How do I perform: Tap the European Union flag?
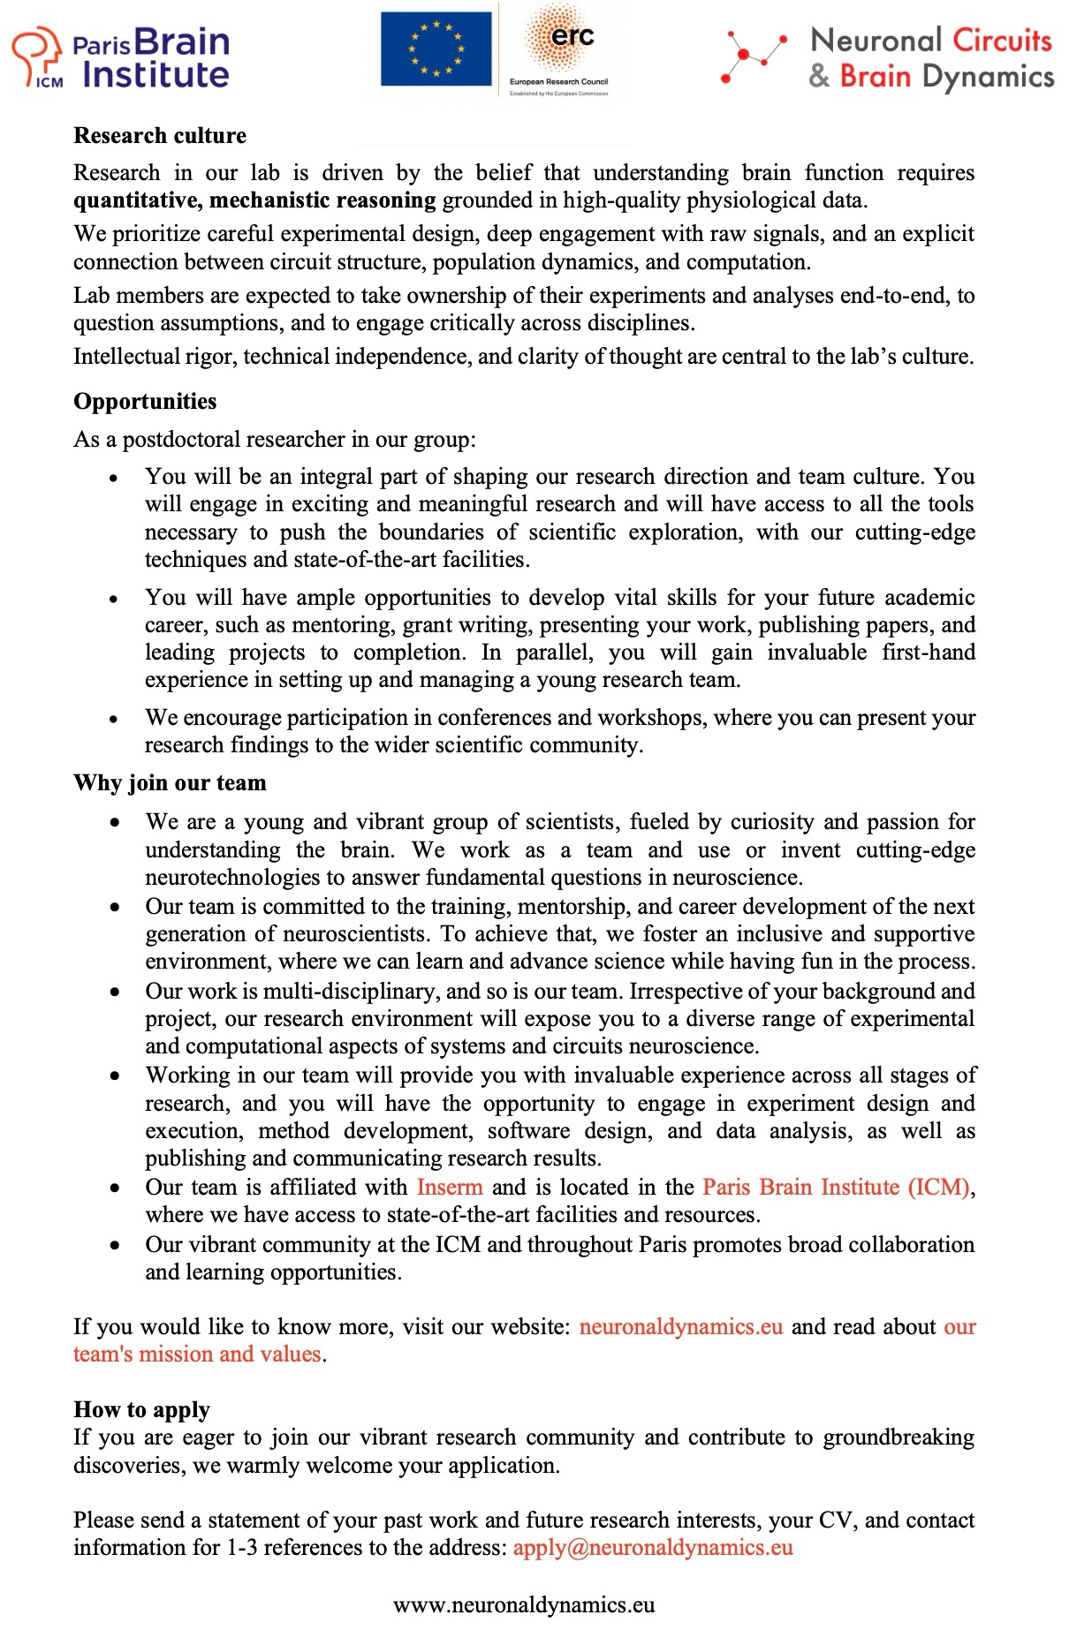pos(436,49)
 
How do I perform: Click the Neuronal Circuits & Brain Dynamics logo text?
pos(930,58)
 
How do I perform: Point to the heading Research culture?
pos(160,136)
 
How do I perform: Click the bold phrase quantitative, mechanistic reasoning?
pos(254,200)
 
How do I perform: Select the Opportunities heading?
pos(145,402)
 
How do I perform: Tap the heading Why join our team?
pos(170,783)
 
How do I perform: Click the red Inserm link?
pos(450,1187)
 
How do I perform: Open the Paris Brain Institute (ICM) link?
pos(836,1187)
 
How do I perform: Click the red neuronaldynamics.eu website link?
pos(681,1326)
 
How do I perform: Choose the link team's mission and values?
pos(196,1354)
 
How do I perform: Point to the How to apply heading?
pos(142,1409)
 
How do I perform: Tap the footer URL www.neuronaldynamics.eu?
pos(524,1605)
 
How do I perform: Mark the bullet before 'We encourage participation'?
pos(113,721)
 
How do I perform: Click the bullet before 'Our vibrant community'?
pos(113,1247)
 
